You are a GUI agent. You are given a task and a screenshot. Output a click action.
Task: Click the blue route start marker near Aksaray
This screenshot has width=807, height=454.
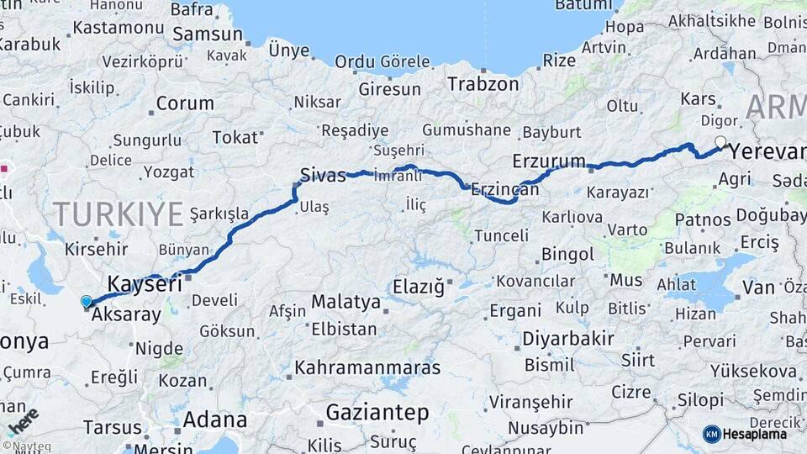click(x=87, y=301)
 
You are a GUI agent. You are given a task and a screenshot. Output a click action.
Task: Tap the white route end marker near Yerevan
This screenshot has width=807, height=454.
click(x=720, y=142)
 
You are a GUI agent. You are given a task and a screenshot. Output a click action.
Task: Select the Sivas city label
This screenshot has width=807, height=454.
click(x=323, y=176)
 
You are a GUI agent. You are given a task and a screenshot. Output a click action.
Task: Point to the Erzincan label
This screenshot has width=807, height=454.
click(x=505, y=189)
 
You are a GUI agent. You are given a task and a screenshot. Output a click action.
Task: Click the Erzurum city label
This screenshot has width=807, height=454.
click(x=549, y=161)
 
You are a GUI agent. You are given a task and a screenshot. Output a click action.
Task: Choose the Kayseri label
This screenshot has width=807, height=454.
click(x=145, y=284)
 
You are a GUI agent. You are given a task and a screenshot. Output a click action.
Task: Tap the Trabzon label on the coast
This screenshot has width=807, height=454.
click(x=483, y=84)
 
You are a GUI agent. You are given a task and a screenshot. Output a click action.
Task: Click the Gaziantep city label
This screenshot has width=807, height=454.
click(x=377, y=413)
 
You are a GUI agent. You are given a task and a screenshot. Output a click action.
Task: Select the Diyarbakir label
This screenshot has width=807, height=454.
click(x=568, y=339)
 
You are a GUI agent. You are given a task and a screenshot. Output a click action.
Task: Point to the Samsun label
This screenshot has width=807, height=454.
click(x=208, y=35)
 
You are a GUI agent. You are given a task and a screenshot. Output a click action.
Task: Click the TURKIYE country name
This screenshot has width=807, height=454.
click(x=118, y=214)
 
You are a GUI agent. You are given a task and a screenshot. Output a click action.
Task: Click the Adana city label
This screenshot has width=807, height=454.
click(x=215, y=420)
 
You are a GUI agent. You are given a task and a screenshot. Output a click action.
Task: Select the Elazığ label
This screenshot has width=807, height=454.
click(x=418, y=287)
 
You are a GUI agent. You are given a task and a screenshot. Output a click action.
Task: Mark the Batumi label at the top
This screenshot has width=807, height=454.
click(x=584, y=6)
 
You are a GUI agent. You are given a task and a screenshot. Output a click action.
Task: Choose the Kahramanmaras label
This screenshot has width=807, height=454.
click(x=367, y=367)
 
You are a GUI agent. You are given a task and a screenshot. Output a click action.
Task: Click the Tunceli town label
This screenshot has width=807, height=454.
click(x=502, y=235)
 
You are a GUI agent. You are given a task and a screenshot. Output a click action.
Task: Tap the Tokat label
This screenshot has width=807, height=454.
click(x=235, y=137)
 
